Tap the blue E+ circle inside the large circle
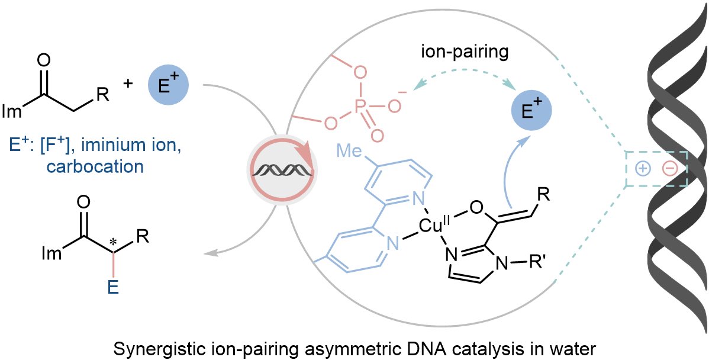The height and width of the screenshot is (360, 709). pos(531,110)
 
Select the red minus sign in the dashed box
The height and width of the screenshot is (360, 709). pos(670,169)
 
